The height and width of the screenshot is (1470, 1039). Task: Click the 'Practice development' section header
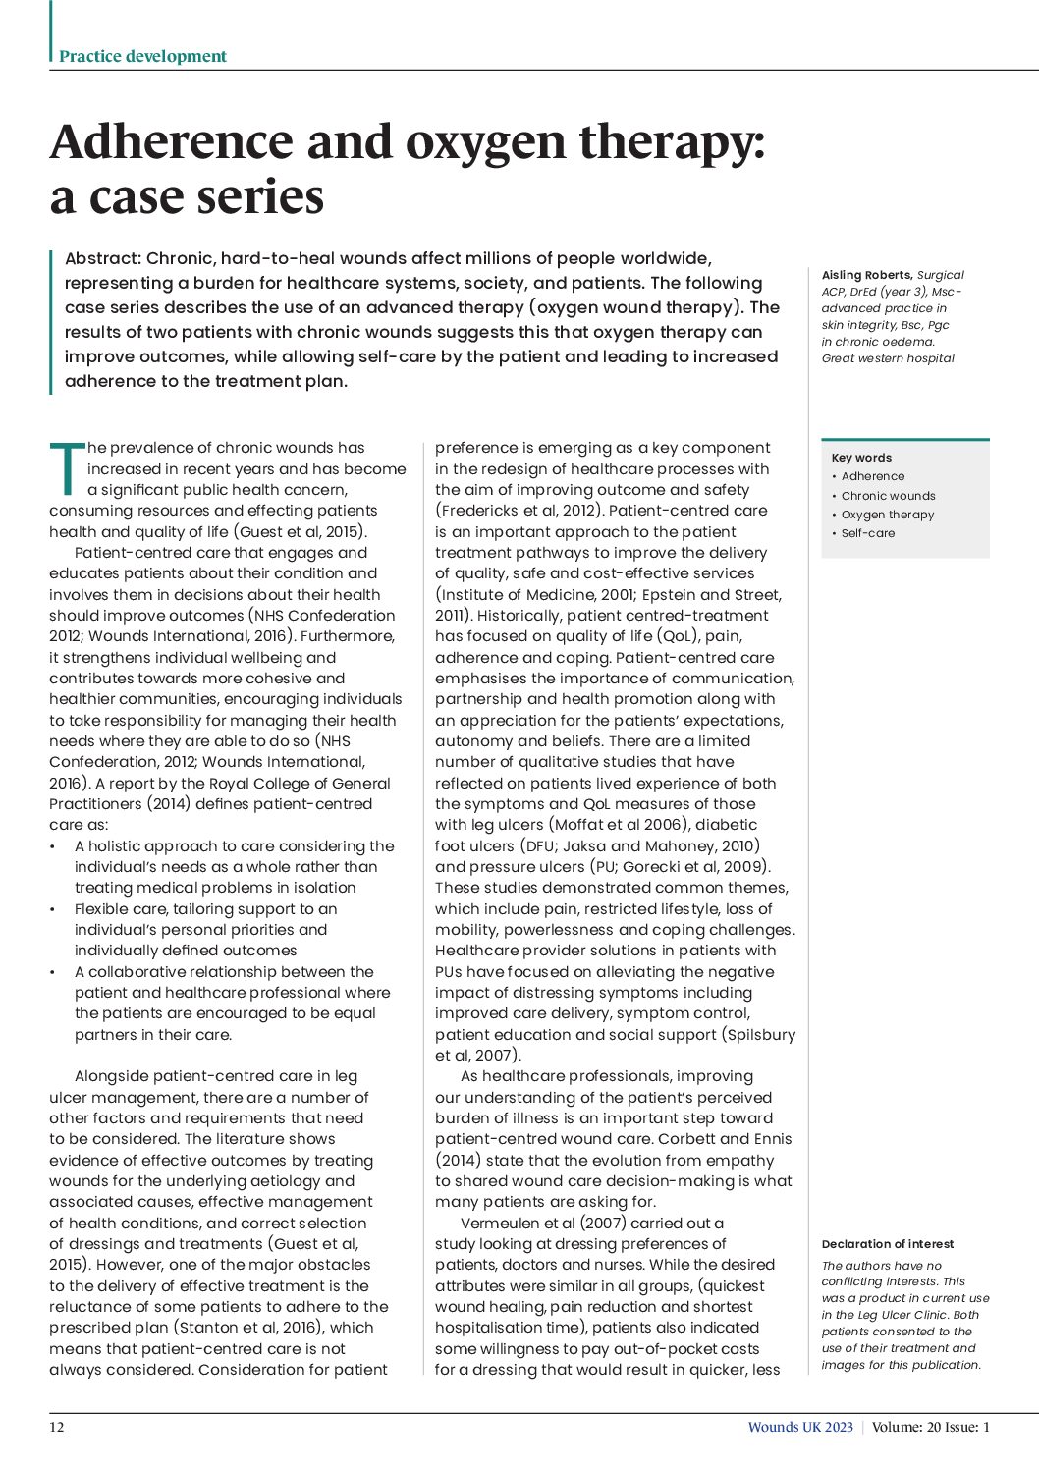142,56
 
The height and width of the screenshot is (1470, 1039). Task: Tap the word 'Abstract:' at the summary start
103,259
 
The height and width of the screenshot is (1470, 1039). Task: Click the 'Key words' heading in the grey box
861,458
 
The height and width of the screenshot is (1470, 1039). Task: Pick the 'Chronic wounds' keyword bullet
888,496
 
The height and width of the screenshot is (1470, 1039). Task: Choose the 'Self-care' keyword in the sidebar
867,533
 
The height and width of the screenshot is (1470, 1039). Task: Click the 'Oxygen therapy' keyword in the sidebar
887,515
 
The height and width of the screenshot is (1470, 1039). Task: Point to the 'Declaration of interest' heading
887,1244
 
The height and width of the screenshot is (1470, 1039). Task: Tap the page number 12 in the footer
57,1428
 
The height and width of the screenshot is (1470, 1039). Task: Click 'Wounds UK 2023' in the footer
800,1428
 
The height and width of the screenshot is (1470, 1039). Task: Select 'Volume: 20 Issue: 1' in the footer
931,1428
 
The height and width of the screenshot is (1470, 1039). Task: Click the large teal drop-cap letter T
67,468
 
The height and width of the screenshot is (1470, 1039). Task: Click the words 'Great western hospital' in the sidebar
888,358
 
